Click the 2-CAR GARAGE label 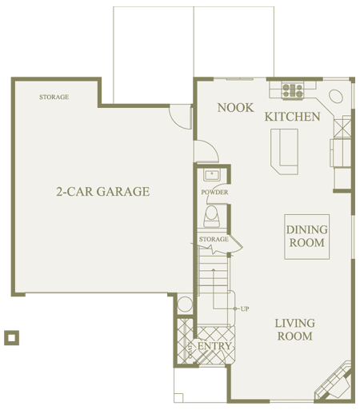(x=103, y=192)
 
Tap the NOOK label (x=235, y=108)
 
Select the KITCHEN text (x=292, y=117)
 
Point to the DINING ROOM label (x=306, y=236)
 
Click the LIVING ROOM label (x=295, y=329)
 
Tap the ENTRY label (x=214, y=346)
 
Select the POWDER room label (x=214, y=192)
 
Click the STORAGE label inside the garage (x=54, y=97)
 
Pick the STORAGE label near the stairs (x=214, y=239)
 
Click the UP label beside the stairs (x=245, y=309)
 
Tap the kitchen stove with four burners (x=293, y=90)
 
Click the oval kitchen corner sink (x=336, y=96)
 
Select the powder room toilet (x=212, y=216)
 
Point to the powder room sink (x=212, y=175)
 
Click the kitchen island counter (x=284, y=151)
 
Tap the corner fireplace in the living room (x=334, y=382)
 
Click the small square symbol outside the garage (x=11, y=338)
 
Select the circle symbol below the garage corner (x=185, y=304)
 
